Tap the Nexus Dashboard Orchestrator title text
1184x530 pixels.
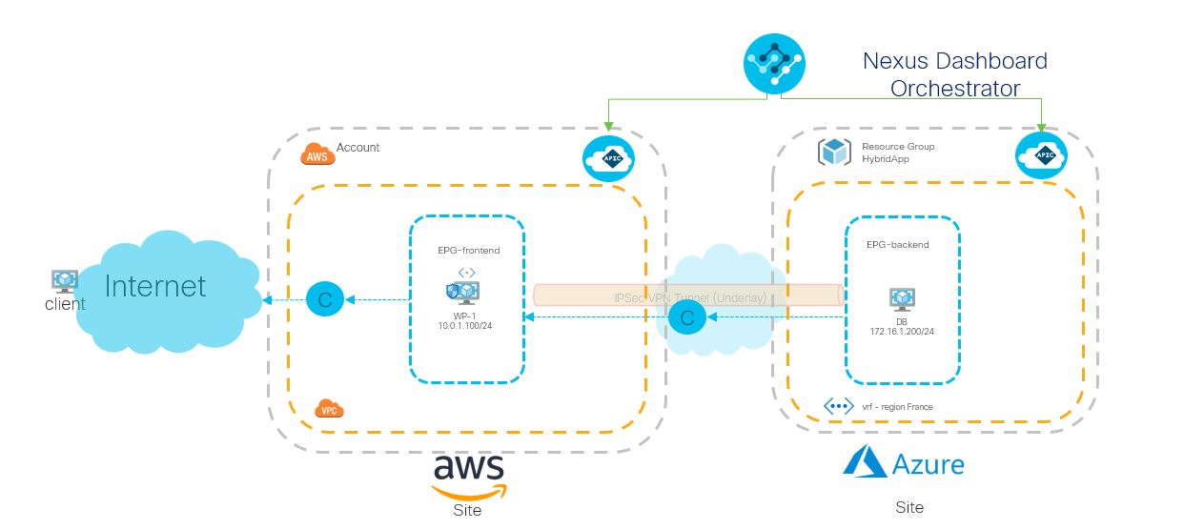click(954, 74)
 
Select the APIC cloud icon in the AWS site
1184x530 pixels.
click(608, 158)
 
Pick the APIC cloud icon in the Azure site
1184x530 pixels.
click(1041, 155)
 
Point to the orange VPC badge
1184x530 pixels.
click(329, 410)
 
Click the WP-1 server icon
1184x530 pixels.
click(462, 291)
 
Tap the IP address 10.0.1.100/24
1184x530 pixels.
click(466, 326)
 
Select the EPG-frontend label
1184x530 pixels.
click(467, 251)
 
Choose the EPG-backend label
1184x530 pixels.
click(897, 245)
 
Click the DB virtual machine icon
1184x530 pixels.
click(902, 300)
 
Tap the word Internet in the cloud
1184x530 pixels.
click(155, 285)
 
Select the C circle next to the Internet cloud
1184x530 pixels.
click(324, 300)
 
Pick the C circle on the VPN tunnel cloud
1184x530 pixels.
click(686, 317)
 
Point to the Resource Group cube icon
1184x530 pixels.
click(835, 153)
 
